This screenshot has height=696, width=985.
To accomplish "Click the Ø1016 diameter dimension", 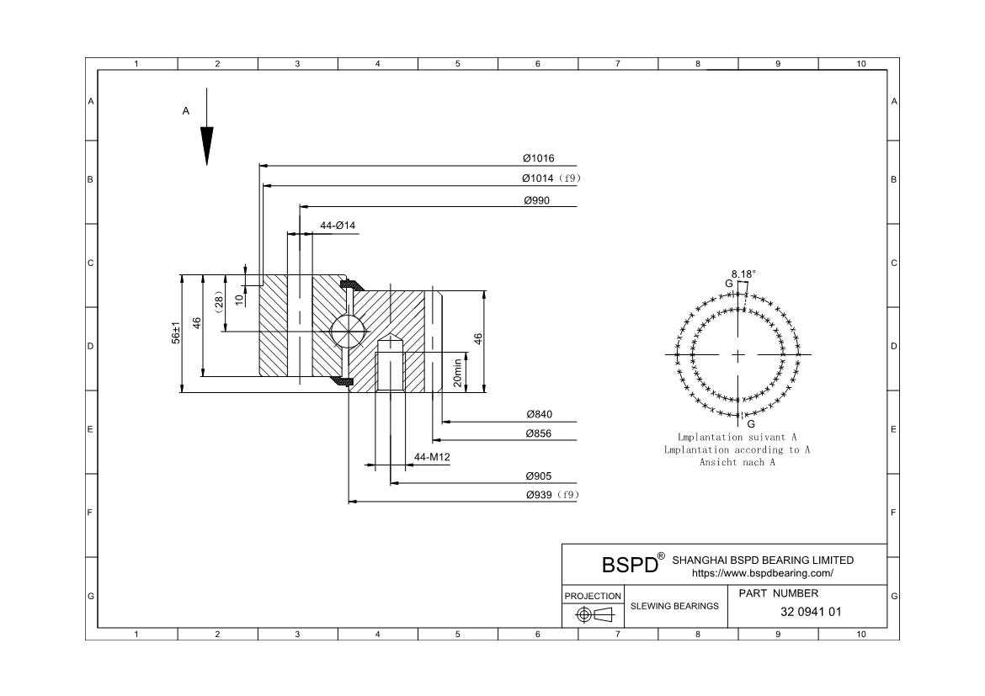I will tap(538, 158).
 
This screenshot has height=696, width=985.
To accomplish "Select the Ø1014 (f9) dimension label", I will tap(551, 178).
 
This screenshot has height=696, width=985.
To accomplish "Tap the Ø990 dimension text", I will tap(537, 200).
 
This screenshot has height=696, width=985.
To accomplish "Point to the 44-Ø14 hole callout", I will tap(338, 226).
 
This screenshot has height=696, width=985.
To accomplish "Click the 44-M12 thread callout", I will tap(432, 457).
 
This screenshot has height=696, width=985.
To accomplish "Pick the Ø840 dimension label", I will tap(540, 414).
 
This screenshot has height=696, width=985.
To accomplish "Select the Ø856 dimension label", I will tap(540, 433).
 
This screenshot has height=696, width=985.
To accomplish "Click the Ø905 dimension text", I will tap(539, 476).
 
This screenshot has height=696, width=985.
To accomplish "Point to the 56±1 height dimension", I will tap(177, 332).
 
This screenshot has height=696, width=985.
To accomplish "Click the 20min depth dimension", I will tap(458, 371).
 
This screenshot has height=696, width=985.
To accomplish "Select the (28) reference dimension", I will tap(218, 303).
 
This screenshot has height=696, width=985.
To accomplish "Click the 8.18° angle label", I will tap(743, 274).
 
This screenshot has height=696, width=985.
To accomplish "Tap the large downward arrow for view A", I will tap(206, 143).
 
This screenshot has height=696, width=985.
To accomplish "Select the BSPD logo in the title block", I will tap(630, 564).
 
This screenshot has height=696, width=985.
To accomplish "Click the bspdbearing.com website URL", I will tap(762, 573).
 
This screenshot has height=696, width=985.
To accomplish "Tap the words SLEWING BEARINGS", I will tap(674, 605).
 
